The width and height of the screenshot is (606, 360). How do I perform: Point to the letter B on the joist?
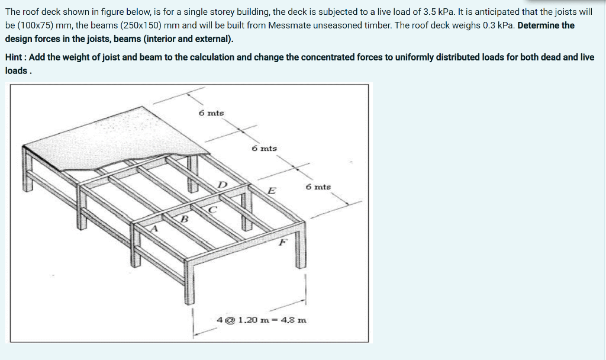pyautogui.click(x=184, y=219)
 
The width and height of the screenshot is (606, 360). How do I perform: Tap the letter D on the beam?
pyautogui.click(x=223, y=185)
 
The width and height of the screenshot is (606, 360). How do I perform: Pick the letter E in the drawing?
pyautogui.click(x=271, y=191)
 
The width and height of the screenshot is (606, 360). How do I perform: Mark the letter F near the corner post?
pyautogui.click(x=282, y=242)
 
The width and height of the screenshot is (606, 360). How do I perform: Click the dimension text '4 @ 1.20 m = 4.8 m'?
pyautogui.click(x=262, y=320)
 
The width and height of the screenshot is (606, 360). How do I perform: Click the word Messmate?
pyautogui.click(x=289, y=25)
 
